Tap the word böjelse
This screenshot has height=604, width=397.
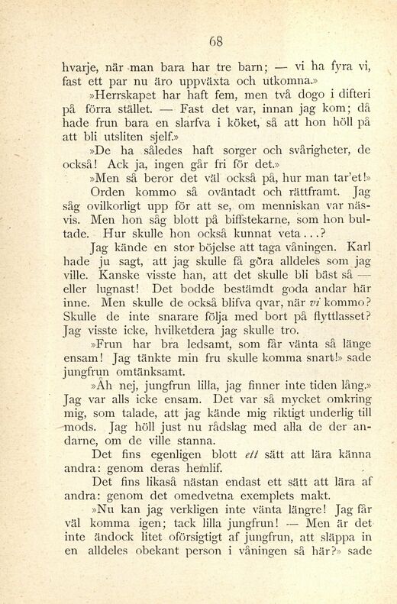coord(220,269)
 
